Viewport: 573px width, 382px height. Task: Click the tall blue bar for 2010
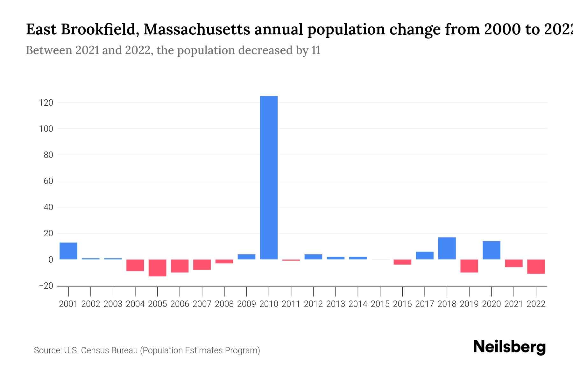pyautogui.click(x=269, y=178)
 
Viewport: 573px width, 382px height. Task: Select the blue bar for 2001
pyautogui.click(x=68, y=251)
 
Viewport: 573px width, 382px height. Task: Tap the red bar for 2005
pyautogui.click(x=158, y=268)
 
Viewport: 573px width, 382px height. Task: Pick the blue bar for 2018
pyautogui.click(x=447, y=248)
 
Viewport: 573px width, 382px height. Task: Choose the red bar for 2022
pyautogui.click(x=536, y=266)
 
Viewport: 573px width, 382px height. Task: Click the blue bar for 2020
pyautogui.click(x=492, y=250)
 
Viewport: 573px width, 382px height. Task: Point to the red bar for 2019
pyautogui.click(x=469, y=266)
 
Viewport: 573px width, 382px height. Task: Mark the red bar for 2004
pyautogui.click(x=135, y=265)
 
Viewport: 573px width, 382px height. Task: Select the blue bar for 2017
pyautogui.click(x=425, y=256)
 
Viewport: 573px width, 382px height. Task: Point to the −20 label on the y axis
pyautogui.click(x=46, y=286)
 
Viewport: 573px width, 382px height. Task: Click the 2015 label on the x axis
pyautogui.click(x=380, y=304)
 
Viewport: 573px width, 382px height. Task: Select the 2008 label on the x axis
pyautogui.click(x=224, y=304)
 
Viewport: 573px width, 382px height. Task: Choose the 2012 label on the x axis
pyautogui.click(x=313, y=304)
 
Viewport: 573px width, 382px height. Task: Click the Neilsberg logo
pyautogui.click(x=509, y=347)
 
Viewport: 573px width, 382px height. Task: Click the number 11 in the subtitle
pyautogui.click(x=315, y=50)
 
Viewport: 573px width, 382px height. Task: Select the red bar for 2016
pyautogui.click(x=402, y=262)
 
